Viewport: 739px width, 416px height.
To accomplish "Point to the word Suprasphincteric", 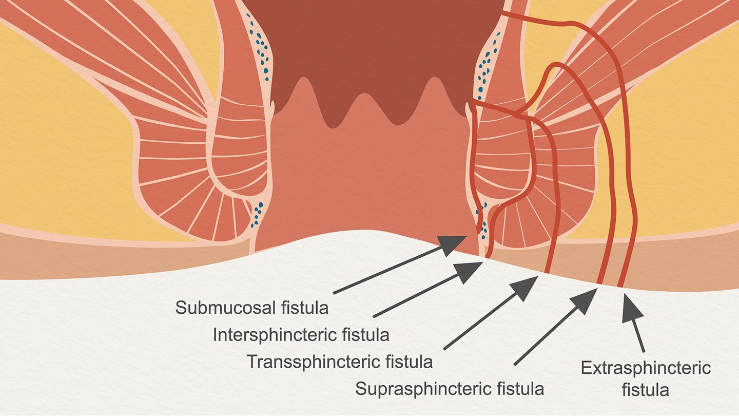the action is [x=421, y=389].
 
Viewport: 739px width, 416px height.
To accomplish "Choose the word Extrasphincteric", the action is [x=646, y=368].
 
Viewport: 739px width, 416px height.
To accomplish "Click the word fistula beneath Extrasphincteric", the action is [x=646, y=390].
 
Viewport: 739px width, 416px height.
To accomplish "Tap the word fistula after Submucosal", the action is [x=305, y=308].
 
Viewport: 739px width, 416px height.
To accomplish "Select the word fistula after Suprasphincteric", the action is [x=520, y=389].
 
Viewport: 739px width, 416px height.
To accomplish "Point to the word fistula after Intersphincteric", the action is [x=366, y=335].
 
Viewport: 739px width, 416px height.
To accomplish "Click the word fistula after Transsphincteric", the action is [x=409, y=362].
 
